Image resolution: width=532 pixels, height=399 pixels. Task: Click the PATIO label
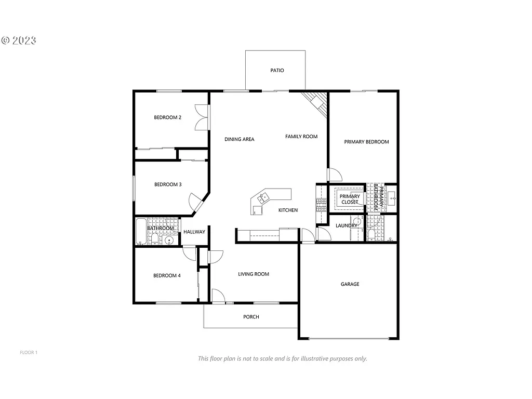pyautogui.click(x=277, y=70)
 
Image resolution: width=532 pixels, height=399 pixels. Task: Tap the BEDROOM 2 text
pyautogui.click(x=167, y=117)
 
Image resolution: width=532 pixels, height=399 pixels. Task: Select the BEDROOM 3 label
pyautogui.click(x=167, y=184)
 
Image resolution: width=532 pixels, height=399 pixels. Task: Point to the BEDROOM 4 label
pyautogui.click(x=167, y=275)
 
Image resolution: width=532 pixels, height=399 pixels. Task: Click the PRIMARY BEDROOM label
pyautogui.click(x=366, y=142)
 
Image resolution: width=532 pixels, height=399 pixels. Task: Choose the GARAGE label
pyautogui.click(x=350, y=284)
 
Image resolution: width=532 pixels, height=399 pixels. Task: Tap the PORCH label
pyautogui.click(x=251, y=317)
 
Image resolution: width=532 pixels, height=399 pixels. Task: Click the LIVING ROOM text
pyautogui.click(x=254, y=274)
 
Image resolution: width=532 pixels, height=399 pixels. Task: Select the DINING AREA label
pyautogui.click(x=239, y=139)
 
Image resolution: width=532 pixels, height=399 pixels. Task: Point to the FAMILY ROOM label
pyautogui.click(x=301, y=137)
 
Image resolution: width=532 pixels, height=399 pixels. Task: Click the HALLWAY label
pyautogui.click(x=194, y=232)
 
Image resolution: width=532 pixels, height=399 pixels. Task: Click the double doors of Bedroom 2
pyautogui.click(x=201, y=118)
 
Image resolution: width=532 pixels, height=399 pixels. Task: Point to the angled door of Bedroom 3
pyautogui.click(x=196, y=201)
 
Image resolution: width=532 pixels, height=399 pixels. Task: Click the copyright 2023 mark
pyautogui.click(x=19, y=41)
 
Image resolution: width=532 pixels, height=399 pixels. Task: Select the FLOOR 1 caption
pyautogui.click(x=29, y=353)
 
